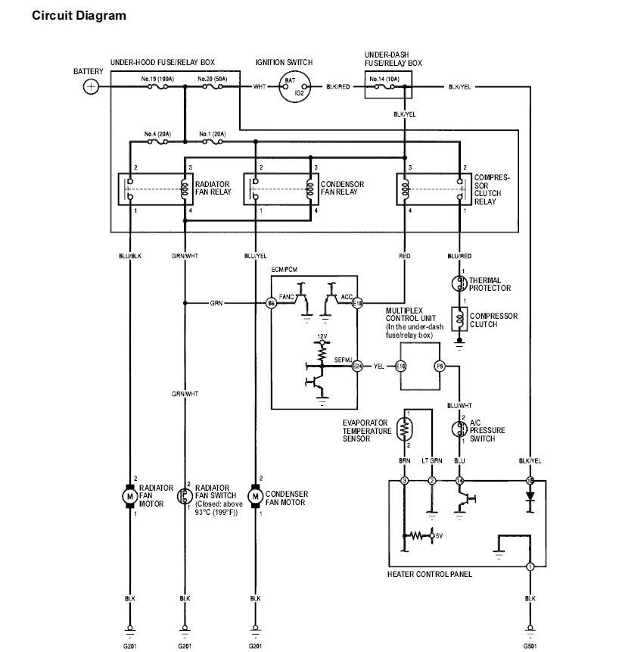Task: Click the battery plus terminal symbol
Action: [91, 86]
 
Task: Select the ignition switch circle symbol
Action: [294, 88]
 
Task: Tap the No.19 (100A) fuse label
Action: [157, 79]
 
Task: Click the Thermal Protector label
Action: [490, 284]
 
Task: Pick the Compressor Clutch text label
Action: [493, 320]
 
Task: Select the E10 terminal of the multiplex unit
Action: [401, 367]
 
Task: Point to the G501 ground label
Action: [530, 645]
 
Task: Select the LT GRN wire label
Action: [432, 460]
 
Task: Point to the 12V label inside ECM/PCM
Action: [322, 335]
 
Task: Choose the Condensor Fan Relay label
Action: [342, 189]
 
